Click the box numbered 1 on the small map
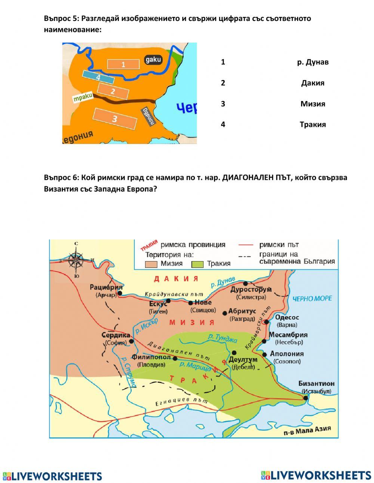(x=123, y=64)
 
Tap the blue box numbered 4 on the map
(x=98, y=77)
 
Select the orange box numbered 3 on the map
(x=115, y=119)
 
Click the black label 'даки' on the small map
(x=153, y=59)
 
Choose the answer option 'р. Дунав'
(x=313, y=62)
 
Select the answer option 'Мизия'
(x=313, y=104)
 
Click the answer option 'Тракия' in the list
(x=313, y=125)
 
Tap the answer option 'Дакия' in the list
(x=313, y=83)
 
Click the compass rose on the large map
(x=76, y=260)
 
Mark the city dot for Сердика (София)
(x=131, y=341)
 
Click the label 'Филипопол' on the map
(x=151, y=357)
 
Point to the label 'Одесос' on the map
(x=287, y=317)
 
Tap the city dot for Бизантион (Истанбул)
(x=306, y=398)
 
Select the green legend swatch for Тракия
(x=197, y=264)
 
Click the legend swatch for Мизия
(x=151, y=264)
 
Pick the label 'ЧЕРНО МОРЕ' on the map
(x=312, y=299)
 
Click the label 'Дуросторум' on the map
(x=251, y=290)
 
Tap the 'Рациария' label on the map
(x=106, y=287)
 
